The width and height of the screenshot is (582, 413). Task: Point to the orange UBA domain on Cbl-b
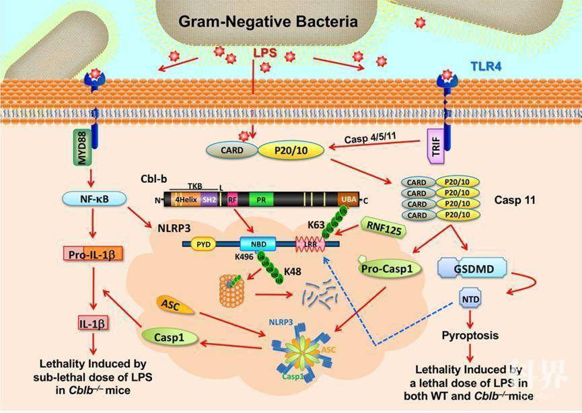pos(348,199)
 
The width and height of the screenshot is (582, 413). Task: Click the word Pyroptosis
pos(470,335)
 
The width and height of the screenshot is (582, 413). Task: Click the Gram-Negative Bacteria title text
pos(268,22)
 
